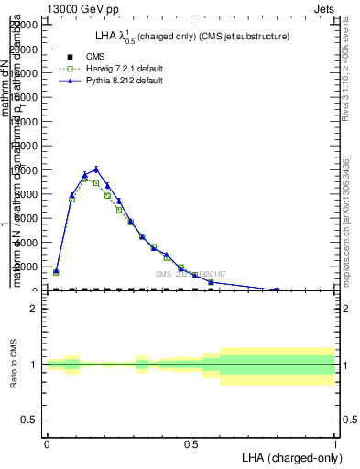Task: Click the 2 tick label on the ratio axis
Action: click(34, 309)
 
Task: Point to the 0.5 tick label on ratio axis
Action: click(29, 420)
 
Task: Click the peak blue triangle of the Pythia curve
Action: click(96, 169)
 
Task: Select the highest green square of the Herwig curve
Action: click(84, 178)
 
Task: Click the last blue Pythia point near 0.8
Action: click(277, 289)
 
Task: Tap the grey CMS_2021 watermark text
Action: click(190, 274)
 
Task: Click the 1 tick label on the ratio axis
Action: click(34, 365)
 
